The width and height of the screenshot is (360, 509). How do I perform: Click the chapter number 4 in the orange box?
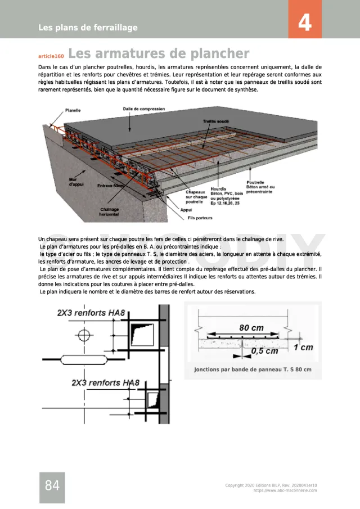coord(305,23)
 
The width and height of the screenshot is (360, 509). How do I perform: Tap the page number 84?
coord(52,485)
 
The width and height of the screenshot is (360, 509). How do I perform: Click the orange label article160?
coord(51,56)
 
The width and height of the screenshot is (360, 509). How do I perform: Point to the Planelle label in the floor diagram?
coord(73,110)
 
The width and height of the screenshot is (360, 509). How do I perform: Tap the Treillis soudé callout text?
coord(216,121)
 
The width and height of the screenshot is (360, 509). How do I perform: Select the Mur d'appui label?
coord(76,181)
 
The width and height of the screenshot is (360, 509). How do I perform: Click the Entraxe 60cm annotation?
coord(110,186)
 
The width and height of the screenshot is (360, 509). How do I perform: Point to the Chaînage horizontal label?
coord(110,212)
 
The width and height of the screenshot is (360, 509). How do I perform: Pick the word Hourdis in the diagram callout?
coord(218,188)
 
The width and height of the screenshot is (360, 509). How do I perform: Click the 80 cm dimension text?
coord(251,328)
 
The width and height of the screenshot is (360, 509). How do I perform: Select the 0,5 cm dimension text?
coord(264,351)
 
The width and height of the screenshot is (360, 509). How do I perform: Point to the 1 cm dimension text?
coord(303,348)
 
